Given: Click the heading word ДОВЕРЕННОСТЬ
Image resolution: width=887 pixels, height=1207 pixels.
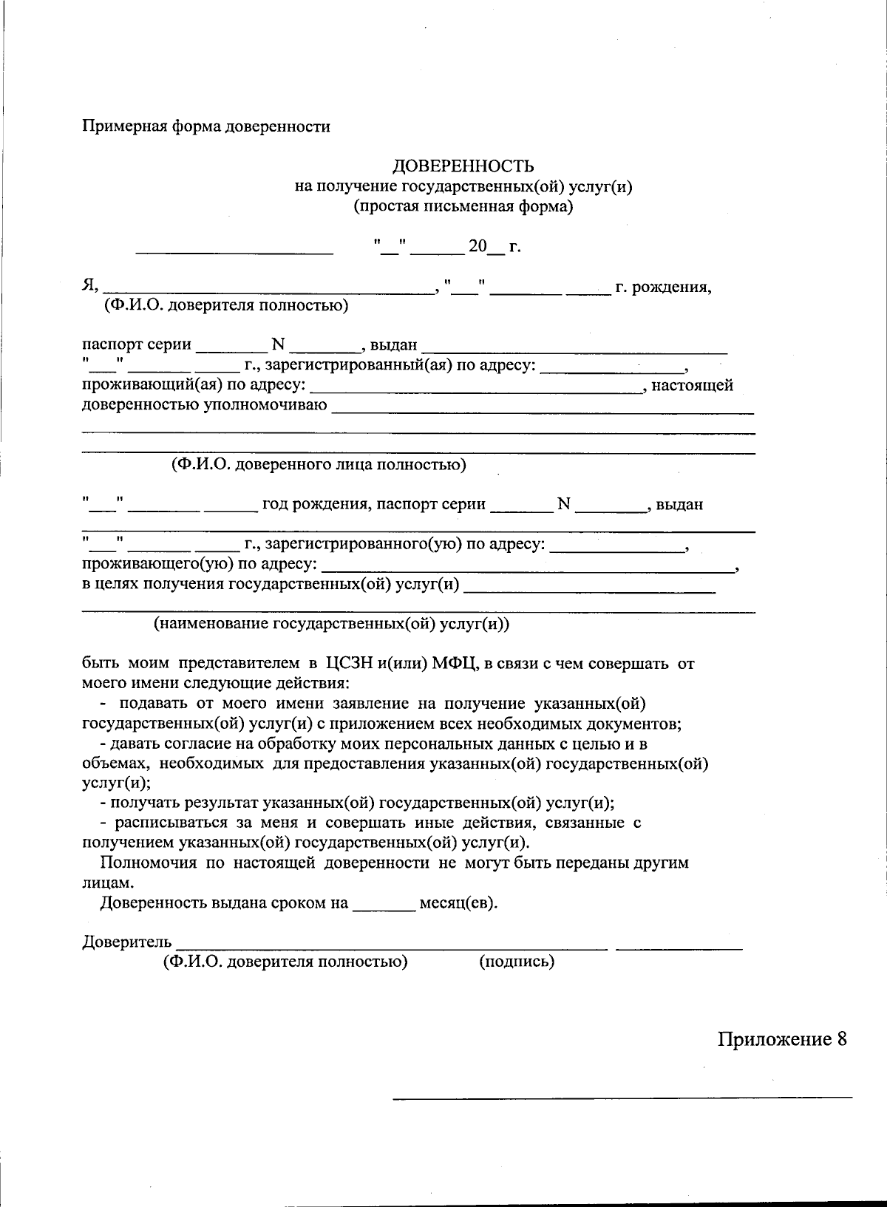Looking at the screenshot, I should [463, 166].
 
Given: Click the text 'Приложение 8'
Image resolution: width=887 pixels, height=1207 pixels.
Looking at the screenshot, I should [782, 1039].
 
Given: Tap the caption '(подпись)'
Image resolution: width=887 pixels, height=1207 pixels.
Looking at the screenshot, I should [517, 962].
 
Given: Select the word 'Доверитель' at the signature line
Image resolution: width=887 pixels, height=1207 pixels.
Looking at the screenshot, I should [127, 942].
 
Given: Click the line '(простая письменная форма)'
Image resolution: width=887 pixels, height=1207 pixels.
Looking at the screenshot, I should [463, 206].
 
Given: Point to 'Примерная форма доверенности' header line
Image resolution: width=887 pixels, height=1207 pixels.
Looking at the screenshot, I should [205, 126].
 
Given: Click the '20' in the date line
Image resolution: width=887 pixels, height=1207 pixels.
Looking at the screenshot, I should [478, 246].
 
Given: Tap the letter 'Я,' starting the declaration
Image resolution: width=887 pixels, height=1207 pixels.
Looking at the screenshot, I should [89, 286].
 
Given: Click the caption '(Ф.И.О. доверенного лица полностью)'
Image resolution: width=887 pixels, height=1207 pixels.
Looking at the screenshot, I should [319, 465].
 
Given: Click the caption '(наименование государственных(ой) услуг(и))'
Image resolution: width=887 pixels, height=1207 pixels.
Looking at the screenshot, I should [331, 624].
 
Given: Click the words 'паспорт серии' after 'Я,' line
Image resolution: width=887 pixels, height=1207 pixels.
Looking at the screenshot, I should [137, 344].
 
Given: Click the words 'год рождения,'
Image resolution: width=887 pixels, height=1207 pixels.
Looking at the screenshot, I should [316, 505].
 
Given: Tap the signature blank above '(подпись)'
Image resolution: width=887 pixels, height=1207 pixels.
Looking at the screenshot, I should [678, 944].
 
